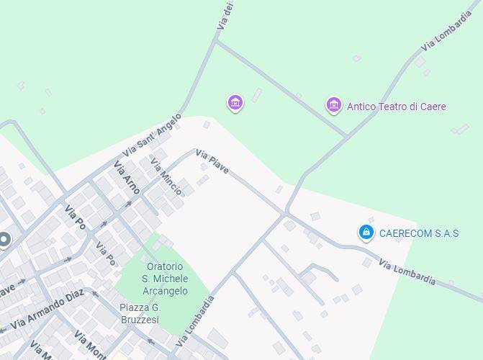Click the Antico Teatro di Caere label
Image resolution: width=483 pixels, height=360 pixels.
[396, 107]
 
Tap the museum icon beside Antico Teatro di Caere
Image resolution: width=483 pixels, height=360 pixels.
[333, 105]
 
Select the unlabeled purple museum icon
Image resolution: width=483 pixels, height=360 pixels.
[235, 102]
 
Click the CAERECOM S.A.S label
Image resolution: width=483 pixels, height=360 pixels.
[418, 233]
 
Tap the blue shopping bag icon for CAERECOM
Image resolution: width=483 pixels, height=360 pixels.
[366, 232]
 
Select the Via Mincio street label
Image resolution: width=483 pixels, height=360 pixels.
[166, 171]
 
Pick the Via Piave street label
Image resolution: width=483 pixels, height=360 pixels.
[212, 162]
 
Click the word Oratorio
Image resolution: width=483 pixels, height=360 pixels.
[165, 266]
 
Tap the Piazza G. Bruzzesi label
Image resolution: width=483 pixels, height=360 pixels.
[140, 314]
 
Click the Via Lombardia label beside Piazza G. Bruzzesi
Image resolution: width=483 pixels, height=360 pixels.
[196, 320]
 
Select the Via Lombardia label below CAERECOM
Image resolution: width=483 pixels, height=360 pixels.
[407, 271]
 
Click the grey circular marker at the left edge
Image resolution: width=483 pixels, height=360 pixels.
[4, 240]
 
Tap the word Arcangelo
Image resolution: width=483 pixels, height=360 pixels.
[165, 291]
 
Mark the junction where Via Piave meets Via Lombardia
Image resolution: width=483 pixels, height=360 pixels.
[286, 213]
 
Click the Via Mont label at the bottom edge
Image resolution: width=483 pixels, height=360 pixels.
[91, 344]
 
